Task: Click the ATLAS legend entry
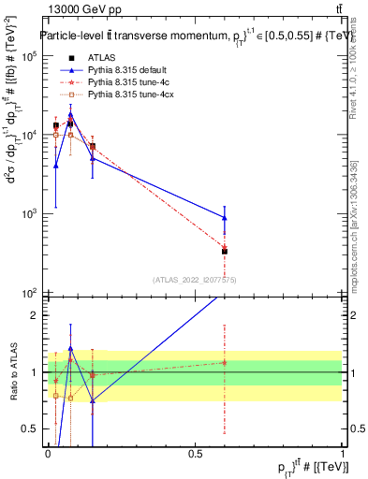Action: (x=102, y=58)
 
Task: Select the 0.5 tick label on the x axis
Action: (x=195, y=455)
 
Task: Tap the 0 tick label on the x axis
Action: (x=48, y=455)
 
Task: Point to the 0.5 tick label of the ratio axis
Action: (x=30, y=429)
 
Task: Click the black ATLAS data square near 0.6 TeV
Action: (x=225, y=251)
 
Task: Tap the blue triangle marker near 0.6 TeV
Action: (x=225, y=217)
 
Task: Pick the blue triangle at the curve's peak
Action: (x=70, y=114)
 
